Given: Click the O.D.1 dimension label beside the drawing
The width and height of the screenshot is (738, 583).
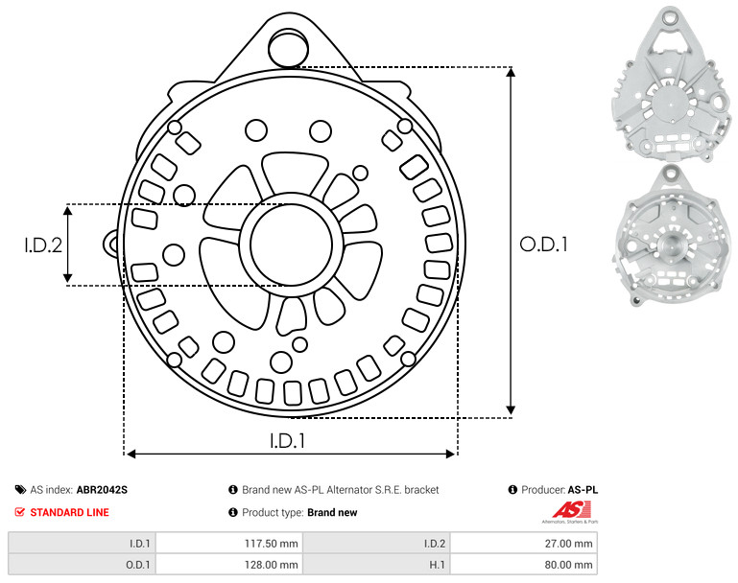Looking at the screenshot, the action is pos(543,244).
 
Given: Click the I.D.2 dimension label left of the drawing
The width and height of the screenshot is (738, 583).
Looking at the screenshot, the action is pos(43,245).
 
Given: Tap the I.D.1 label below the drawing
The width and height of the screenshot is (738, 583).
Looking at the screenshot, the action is pos(287,440).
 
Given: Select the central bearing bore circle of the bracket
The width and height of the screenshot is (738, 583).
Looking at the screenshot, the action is pos(292,245).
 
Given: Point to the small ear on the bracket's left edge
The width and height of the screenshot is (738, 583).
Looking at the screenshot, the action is pos(111,244).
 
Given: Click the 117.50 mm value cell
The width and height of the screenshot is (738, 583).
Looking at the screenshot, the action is pos(229,543).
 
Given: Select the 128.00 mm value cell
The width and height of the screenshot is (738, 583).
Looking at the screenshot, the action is pos(229,564).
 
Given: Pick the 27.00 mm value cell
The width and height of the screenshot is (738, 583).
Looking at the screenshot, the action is pos(524,543).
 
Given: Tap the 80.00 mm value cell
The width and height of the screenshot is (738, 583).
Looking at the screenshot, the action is pos(524,564).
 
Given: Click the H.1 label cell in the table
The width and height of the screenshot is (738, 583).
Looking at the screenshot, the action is pos(376,564).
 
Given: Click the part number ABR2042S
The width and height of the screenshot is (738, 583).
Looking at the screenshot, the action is pos(102,489).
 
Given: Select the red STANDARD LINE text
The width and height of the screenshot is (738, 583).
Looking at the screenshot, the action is pos(69,512).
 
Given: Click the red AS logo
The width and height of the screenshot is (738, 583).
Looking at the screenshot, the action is pos(571,510).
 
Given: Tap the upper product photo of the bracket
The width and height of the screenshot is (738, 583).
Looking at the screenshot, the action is pos(670,83).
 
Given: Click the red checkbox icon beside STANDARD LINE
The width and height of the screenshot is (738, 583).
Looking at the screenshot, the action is pos(20,512).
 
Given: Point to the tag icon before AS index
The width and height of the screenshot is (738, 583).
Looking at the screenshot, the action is pos(20,489).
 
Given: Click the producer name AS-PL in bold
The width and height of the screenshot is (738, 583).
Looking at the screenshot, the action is pos(583,489).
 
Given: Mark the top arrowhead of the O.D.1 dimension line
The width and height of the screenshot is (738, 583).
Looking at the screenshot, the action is pos(511,72).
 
